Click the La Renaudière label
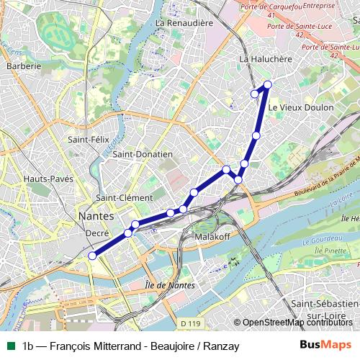click(184, 23)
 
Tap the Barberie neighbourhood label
click(24, 66)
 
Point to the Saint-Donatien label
click(143, 153)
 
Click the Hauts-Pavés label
click(48, 179)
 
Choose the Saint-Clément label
click(125, 197)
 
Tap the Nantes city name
click(95, 215)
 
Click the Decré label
click(96, 233)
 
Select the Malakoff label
click(211, 236)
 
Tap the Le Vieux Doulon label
click(300, 107)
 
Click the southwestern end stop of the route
click(91, 255)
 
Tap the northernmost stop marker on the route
click(268, 85)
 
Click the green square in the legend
click(10, 346)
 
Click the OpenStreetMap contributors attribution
click(297, 322)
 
